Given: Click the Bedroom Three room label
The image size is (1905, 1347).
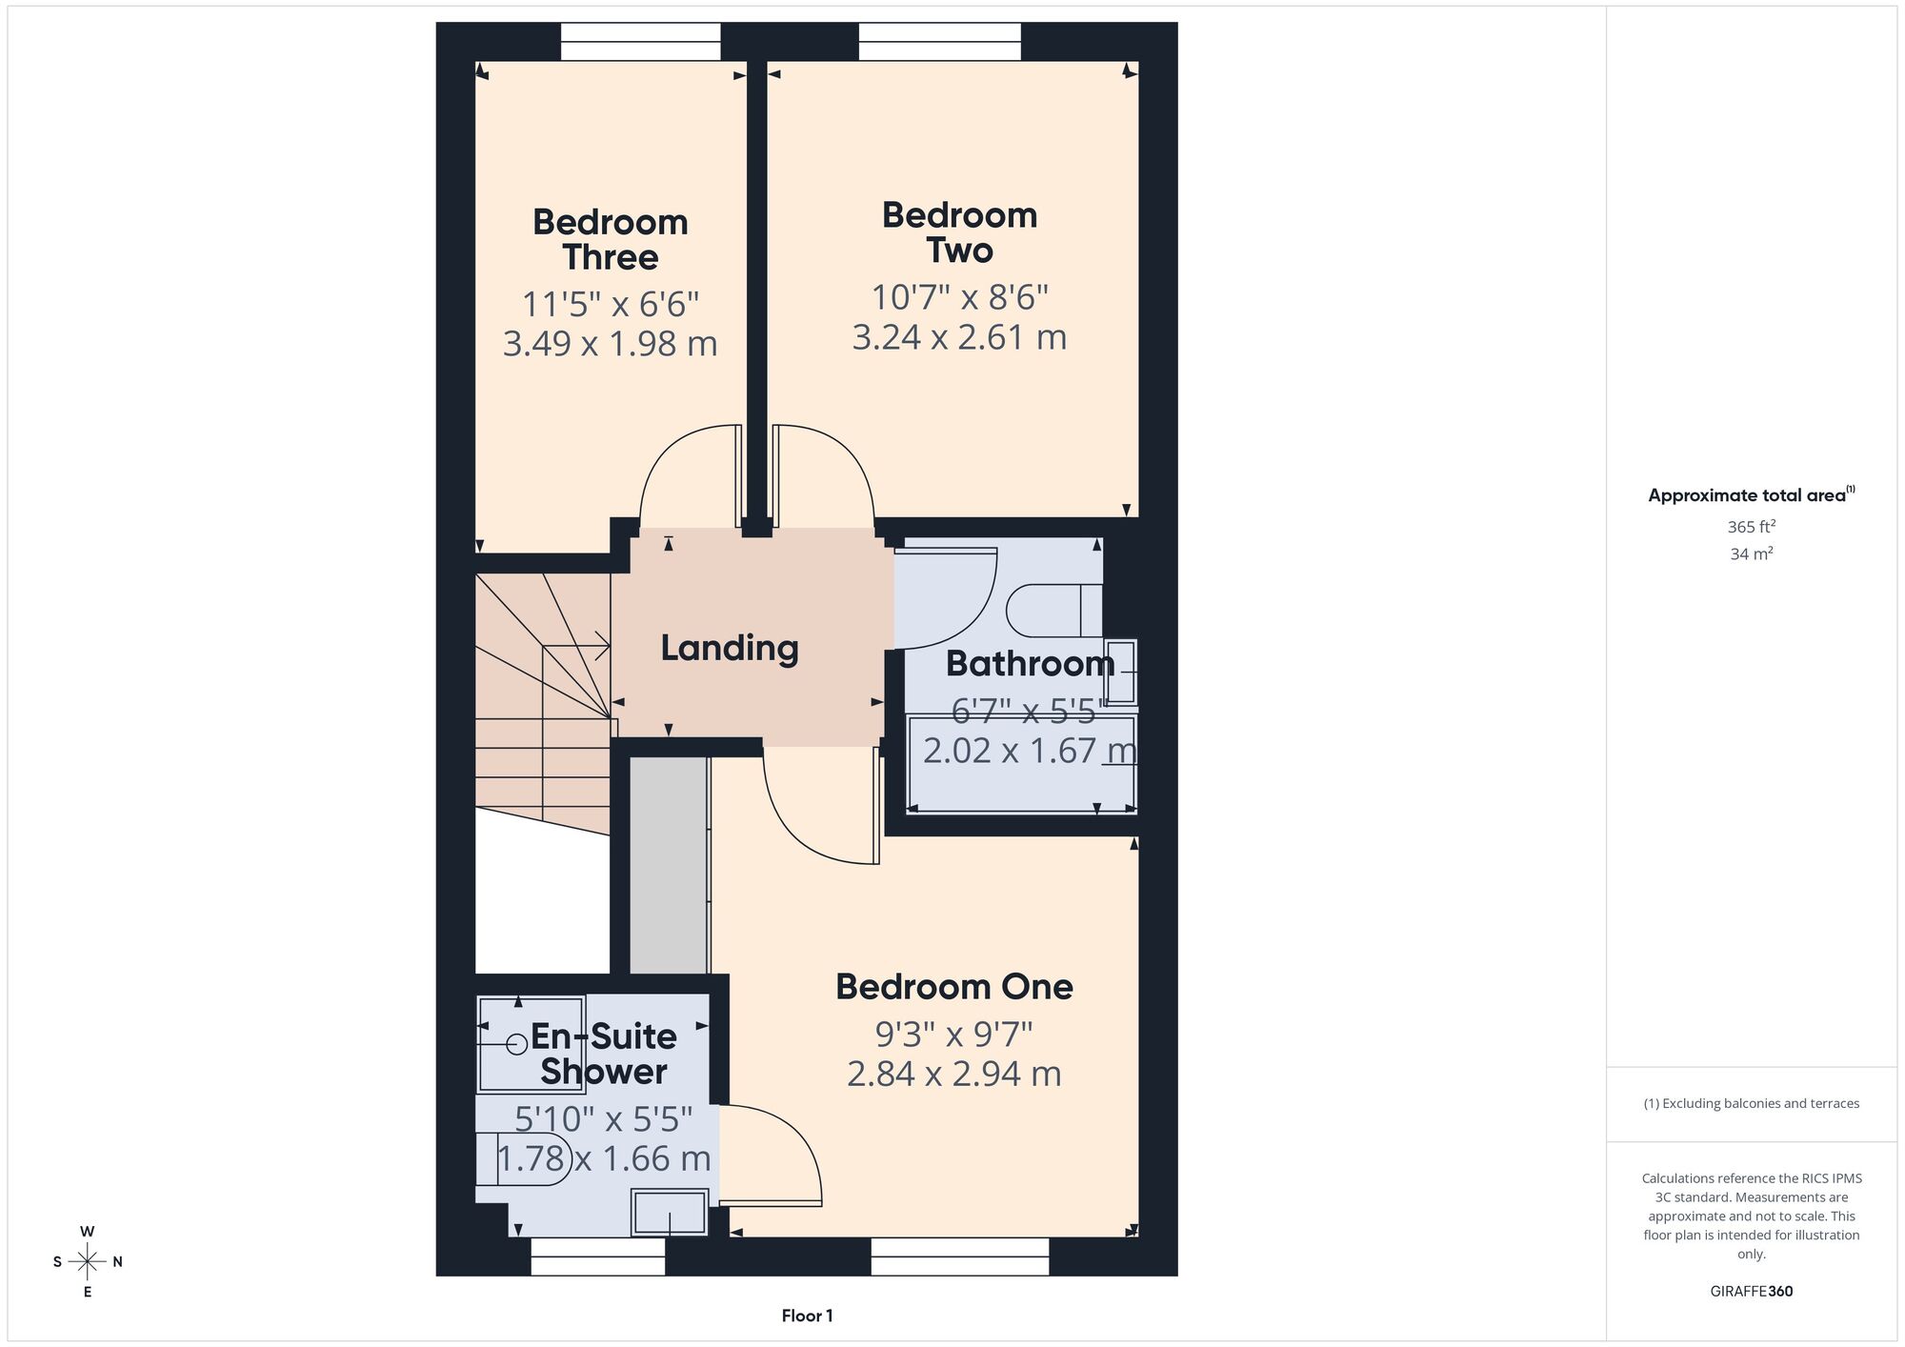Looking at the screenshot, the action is [611, 239].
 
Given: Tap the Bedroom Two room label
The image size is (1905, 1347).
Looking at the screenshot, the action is [960, 232].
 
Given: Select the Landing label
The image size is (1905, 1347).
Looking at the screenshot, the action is [730, 649].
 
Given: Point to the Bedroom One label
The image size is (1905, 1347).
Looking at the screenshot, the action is [954, 986].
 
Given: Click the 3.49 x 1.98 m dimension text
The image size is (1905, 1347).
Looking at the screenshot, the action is [611, 343].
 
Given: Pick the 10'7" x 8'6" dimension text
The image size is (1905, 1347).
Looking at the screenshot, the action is [960, 297].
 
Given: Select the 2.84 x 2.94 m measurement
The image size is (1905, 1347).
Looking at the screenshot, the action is [954, 1074].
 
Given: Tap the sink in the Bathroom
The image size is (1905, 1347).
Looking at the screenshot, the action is [1121, 673].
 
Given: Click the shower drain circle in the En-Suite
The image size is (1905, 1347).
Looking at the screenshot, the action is [517, 1045].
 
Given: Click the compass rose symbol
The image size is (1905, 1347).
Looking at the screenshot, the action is [88, 1262].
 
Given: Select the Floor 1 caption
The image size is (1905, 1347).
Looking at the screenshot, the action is [807, 1316].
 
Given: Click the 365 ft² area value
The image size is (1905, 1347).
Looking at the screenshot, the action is [1752, 526].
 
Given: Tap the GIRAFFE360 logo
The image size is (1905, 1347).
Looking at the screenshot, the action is [1752, 1292].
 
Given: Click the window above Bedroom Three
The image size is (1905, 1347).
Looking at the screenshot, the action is [641, 42].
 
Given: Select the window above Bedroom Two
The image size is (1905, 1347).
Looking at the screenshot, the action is [940, 42].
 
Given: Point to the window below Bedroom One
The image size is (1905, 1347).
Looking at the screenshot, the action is [960, 1257].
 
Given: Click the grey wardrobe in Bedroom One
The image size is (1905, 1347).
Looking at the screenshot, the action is [670, 866].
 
